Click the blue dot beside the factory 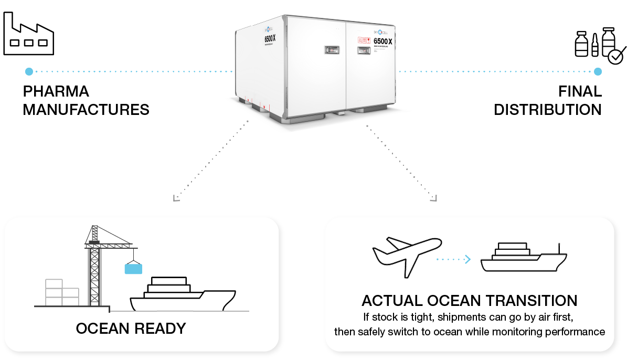click(29, 71)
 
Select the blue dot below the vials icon click(598, 71)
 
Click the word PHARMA click(56, 91)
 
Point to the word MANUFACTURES click(86, 110)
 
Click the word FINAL click(580, 91)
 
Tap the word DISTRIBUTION click(548, 110)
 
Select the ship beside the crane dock click(181, 295)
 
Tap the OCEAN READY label click(131, 329)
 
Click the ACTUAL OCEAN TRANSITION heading click(469, 301)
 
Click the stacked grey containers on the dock click(61, 292)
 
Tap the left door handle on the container click(331, 50)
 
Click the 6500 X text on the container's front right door click(382, 41)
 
